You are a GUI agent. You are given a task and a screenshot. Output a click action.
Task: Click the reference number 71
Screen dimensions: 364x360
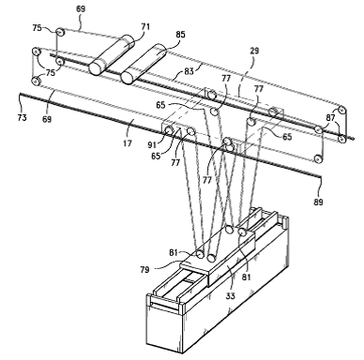pos(145,26)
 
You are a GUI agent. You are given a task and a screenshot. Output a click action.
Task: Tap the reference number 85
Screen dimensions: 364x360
pos(180,35)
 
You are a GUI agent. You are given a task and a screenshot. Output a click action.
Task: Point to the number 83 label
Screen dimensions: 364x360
pos(189,71)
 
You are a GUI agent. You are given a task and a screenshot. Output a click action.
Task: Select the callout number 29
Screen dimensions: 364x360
pos(255,51)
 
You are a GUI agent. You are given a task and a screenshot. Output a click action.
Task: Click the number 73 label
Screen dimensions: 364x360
pos(22,118)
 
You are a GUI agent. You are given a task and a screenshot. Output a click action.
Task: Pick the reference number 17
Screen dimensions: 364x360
pos(128,143)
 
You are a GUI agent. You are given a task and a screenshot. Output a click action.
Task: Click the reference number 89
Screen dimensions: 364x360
pos(318,202)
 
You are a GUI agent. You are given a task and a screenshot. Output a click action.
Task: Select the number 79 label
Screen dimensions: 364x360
pos(144,269)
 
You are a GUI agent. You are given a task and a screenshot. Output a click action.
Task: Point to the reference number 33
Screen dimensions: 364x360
pos(231,295)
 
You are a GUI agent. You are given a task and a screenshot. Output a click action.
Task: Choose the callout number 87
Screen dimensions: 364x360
pos(330,117)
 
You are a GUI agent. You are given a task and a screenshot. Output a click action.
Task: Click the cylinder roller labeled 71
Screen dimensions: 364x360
pos(112,54)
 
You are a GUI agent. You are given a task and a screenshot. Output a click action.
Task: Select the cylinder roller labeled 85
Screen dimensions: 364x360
pos(144,64)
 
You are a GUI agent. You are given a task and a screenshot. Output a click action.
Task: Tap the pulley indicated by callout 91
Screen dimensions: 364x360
pos(169,130)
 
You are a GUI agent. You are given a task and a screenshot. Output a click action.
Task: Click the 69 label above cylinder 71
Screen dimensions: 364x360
pos(81,8)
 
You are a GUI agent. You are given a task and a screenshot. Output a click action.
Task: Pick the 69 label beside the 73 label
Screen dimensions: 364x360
pos(47,119)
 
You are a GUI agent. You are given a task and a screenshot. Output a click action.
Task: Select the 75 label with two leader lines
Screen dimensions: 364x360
pos(51,72)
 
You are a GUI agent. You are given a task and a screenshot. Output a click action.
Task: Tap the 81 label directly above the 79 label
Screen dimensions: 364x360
pos(174,252)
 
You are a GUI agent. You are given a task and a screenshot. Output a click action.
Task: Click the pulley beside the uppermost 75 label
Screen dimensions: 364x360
pos(60,32)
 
